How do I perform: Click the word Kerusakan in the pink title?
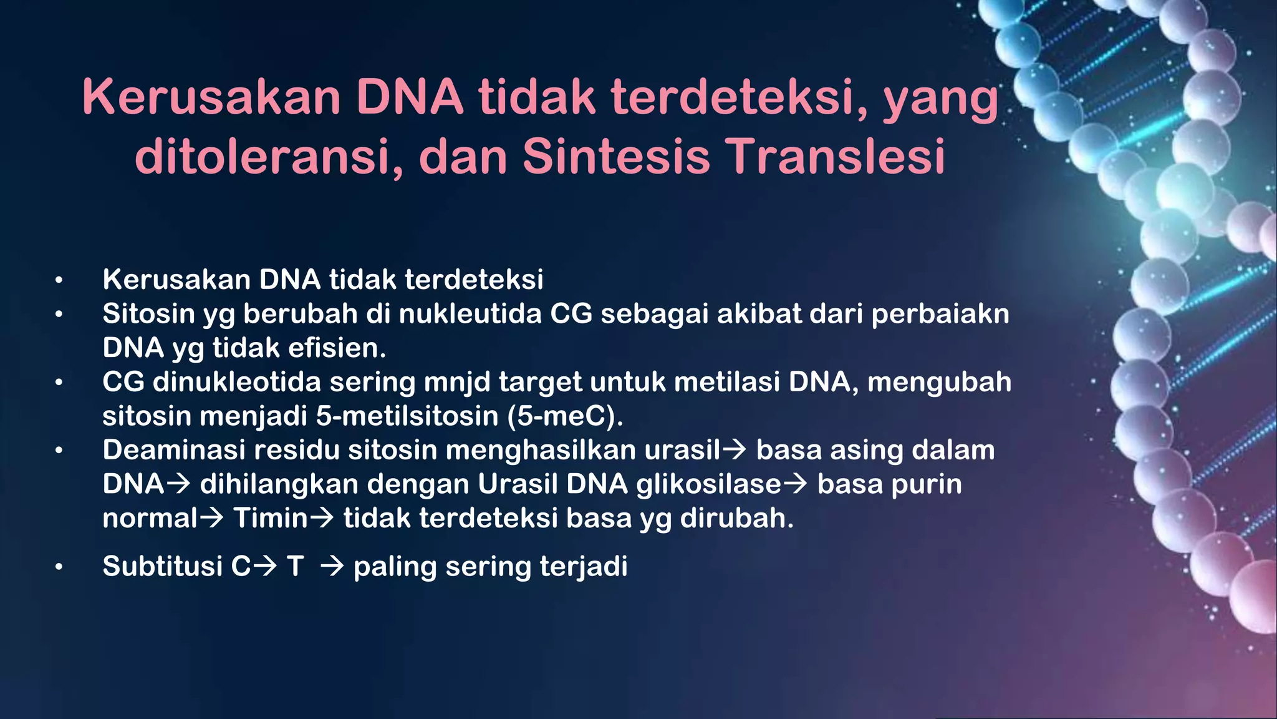[211, 97]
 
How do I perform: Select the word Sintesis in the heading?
[616, 156]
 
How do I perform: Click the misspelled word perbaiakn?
[940, 314]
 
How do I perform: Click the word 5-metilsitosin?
[407, 416]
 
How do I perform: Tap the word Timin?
[271, 519]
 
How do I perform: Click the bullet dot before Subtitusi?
[59, 567]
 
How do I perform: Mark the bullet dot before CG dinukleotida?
[59, 382]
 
